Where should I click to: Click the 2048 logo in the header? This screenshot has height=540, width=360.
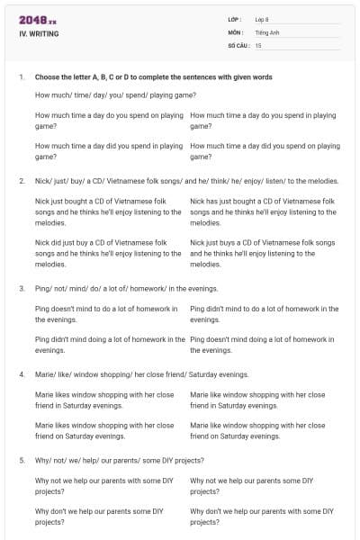[37, 20]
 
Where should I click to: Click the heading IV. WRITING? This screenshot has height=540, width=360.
[38, 34]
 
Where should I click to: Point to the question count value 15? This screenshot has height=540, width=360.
[258, 44]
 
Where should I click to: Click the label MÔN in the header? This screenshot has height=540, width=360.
[235, 31]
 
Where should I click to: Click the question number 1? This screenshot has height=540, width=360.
[21, 77]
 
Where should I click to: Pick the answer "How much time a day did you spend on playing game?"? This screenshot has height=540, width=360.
[265, 150]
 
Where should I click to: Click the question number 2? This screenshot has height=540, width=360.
[21, 181]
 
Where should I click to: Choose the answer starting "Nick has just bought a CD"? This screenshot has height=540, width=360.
[264, 211]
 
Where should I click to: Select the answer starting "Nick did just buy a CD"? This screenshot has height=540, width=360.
[108, 253]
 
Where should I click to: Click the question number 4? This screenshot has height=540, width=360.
[21, 374]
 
